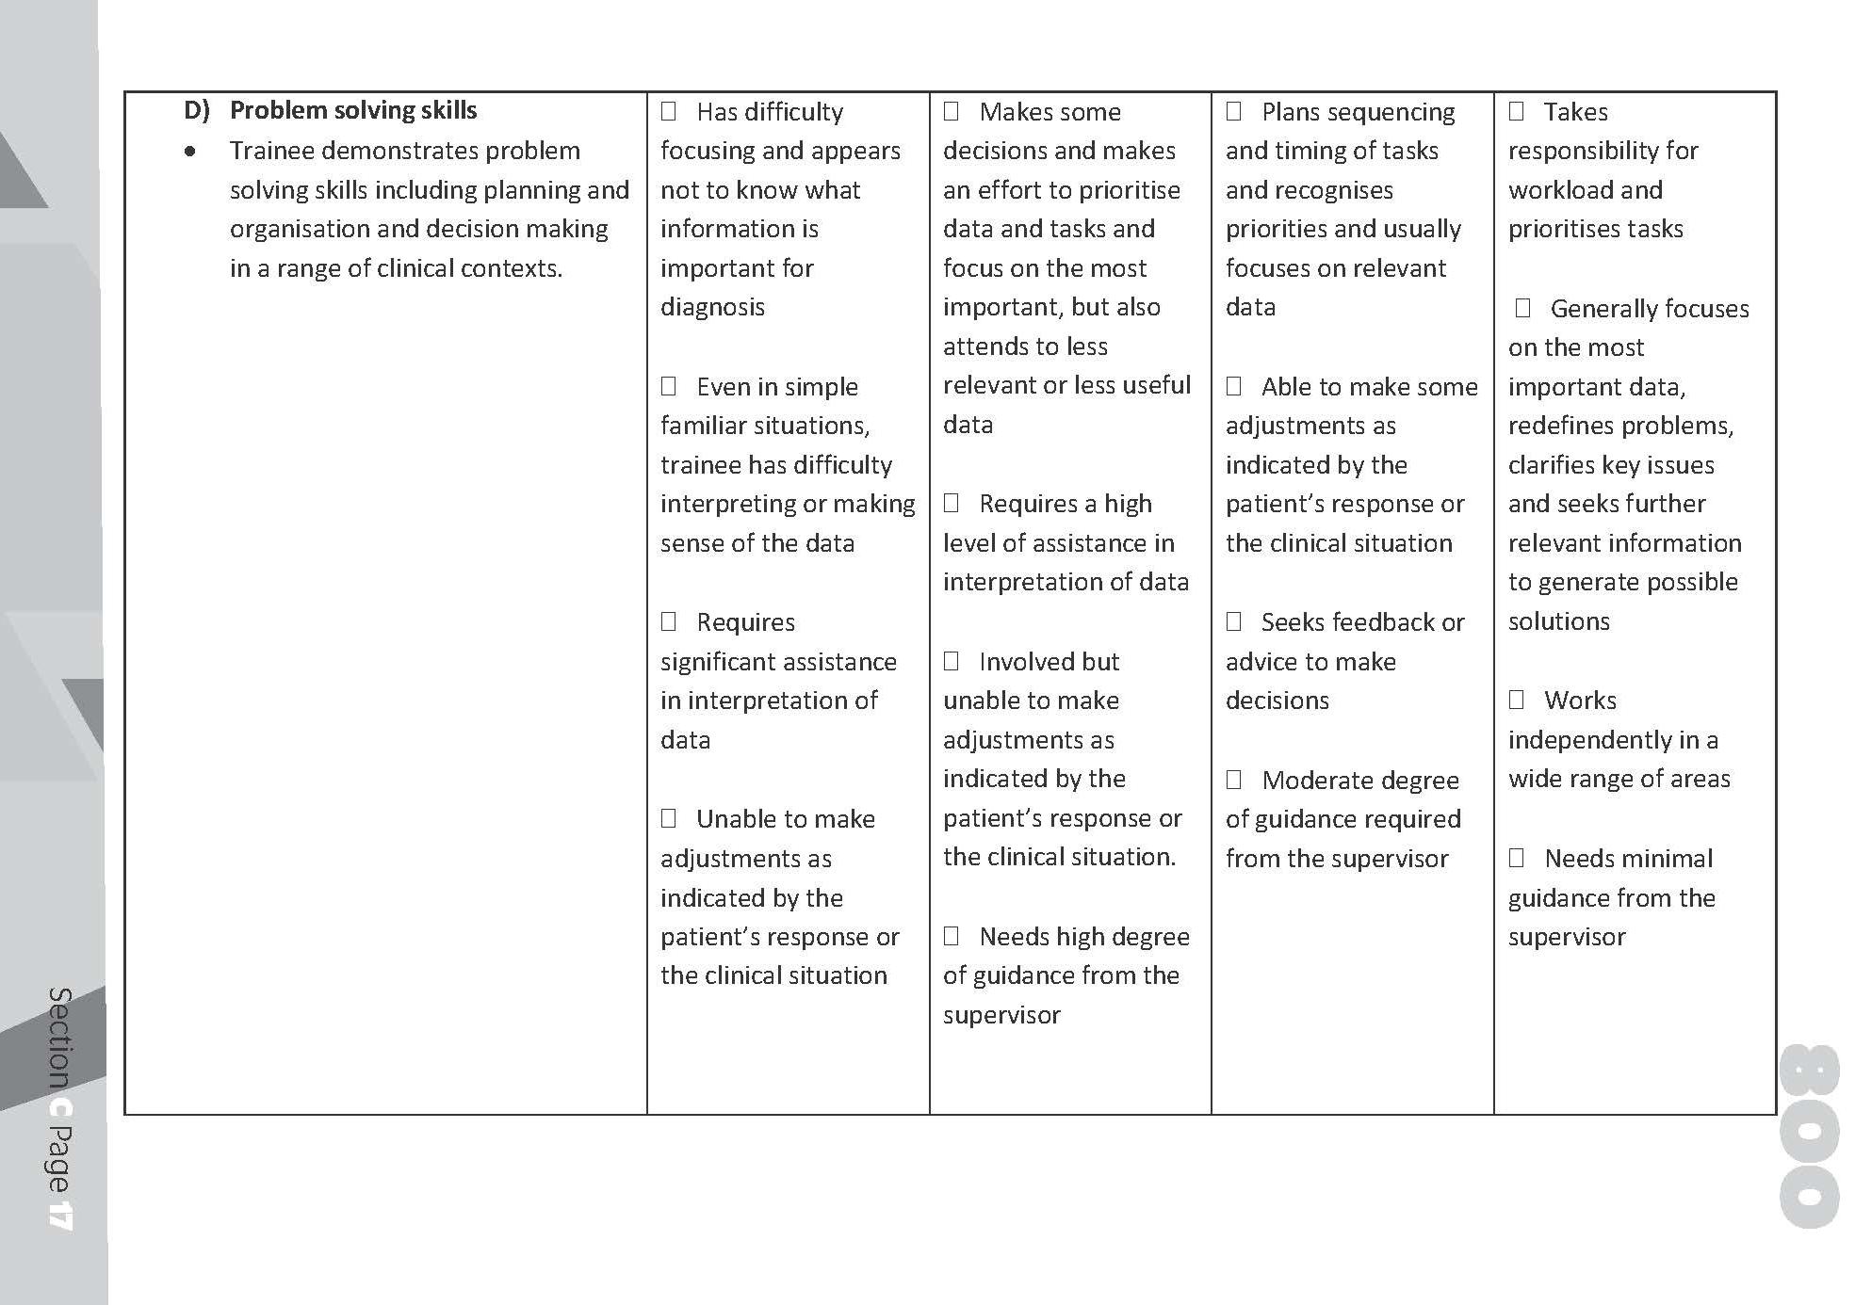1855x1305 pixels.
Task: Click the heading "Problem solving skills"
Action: [353, 110]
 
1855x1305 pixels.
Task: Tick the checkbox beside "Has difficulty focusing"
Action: [669, 111]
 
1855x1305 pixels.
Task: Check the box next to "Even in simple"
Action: [669, 386]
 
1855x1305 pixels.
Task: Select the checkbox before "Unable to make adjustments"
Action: [669, 818]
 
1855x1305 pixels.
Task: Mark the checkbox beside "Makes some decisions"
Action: [952, 111]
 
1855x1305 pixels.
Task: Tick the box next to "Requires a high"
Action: [952, 503]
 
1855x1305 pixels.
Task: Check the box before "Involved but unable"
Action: [952, 661]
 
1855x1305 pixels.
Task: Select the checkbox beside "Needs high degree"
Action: [952, 936]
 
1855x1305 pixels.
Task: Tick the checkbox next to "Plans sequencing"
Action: [1234, 111]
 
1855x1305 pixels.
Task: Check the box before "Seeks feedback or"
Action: [1234, 621]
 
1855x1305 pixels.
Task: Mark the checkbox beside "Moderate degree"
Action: [1234, 780]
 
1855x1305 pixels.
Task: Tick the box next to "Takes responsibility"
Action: [1517, 111]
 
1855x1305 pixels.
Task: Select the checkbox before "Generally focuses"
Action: [1522, 308]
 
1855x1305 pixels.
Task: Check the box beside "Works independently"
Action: [1517, 700]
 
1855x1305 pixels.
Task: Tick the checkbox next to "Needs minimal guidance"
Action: [1517, 858]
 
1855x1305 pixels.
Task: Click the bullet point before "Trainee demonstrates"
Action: [191, 151]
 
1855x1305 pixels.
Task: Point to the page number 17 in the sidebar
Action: [60, 1213]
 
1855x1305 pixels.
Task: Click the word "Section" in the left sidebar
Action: [60, 1037]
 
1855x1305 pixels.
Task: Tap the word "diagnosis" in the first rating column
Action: [712, 307]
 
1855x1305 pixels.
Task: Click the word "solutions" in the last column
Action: [1558, 621]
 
